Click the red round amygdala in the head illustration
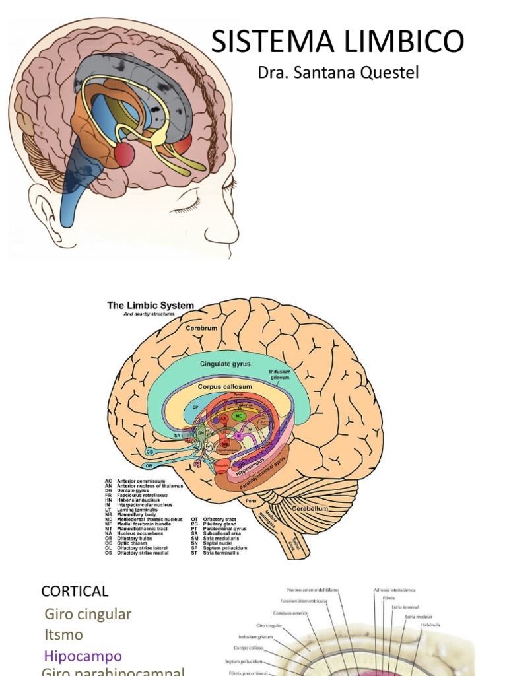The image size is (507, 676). pos(124,154)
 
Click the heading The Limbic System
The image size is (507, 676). pos(151,306)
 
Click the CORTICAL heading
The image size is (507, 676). pos(75,591)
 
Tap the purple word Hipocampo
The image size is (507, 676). pos(83,656)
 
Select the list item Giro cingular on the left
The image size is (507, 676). pos(88,614)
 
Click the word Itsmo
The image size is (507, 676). pos(64,635)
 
